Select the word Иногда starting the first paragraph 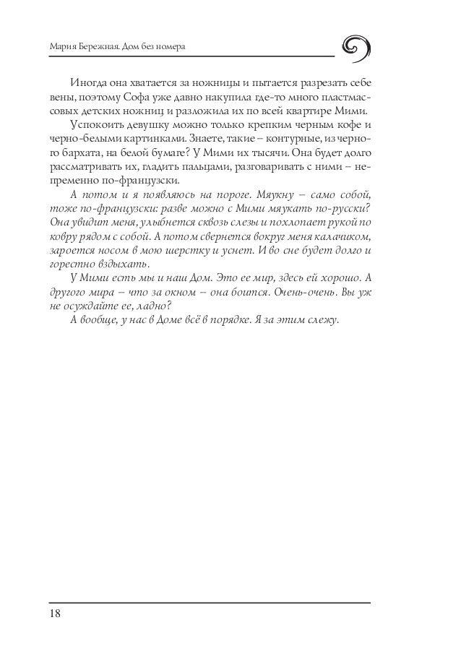click(87, 82)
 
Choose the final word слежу click(322, 321)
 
